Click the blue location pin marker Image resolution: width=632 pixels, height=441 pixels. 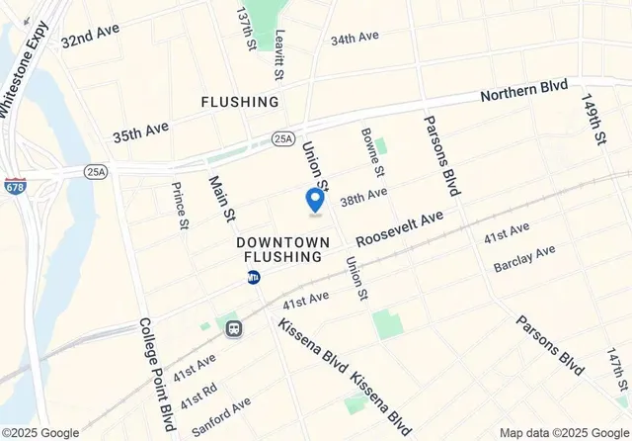pos(316,199)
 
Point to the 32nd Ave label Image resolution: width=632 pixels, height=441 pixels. pos(90,36)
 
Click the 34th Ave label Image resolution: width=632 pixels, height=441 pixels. pos(355,39)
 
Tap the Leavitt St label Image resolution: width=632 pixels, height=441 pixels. pos(279,54)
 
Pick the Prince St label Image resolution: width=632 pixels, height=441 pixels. pos(179,205)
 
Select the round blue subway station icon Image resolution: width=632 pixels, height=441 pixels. pos(254,278)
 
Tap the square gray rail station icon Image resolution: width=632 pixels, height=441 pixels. pos(234,327)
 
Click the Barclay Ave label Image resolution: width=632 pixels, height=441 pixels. pos(526,259)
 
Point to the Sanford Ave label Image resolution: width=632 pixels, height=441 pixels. pos(221,416)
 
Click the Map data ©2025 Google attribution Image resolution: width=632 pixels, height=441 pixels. pos(564,433)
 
